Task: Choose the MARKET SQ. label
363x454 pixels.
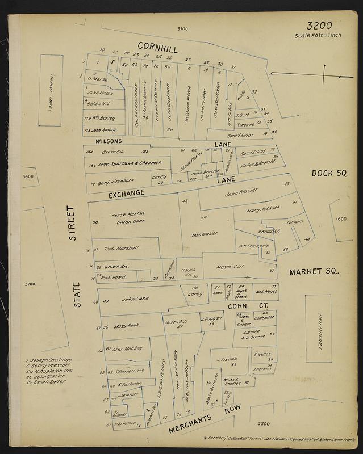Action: [314, 272]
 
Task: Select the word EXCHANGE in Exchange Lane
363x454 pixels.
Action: [128, 194]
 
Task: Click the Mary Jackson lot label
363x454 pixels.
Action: [264, 209]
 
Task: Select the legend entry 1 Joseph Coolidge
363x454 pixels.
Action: [48, 361]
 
